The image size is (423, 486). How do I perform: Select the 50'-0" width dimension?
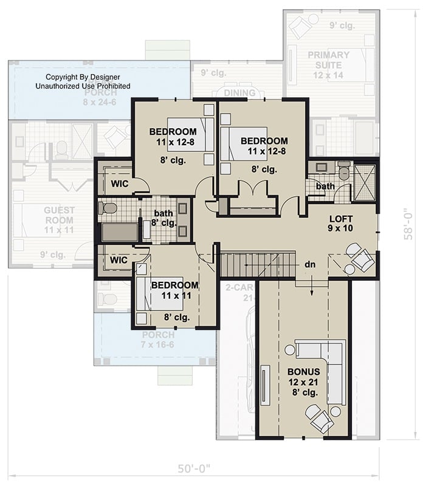193,468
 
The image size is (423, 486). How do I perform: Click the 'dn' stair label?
309,265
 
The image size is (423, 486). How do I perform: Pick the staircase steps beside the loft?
243,265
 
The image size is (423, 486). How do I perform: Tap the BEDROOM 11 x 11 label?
174,290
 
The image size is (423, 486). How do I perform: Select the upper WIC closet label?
119,184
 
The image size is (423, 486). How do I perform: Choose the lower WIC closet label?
119,260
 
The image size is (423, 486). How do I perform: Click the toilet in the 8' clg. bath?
109,208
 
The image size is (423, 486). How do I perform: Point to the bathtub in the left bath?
120,232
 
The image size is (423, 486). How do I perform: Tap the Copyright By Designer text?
83,82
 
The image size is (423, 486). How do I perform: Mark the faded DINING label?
239,94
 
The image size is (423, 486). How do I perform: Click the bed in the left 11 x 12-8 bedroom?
190,135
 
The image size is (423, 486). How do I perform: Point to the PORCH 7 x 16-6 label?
157,340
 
